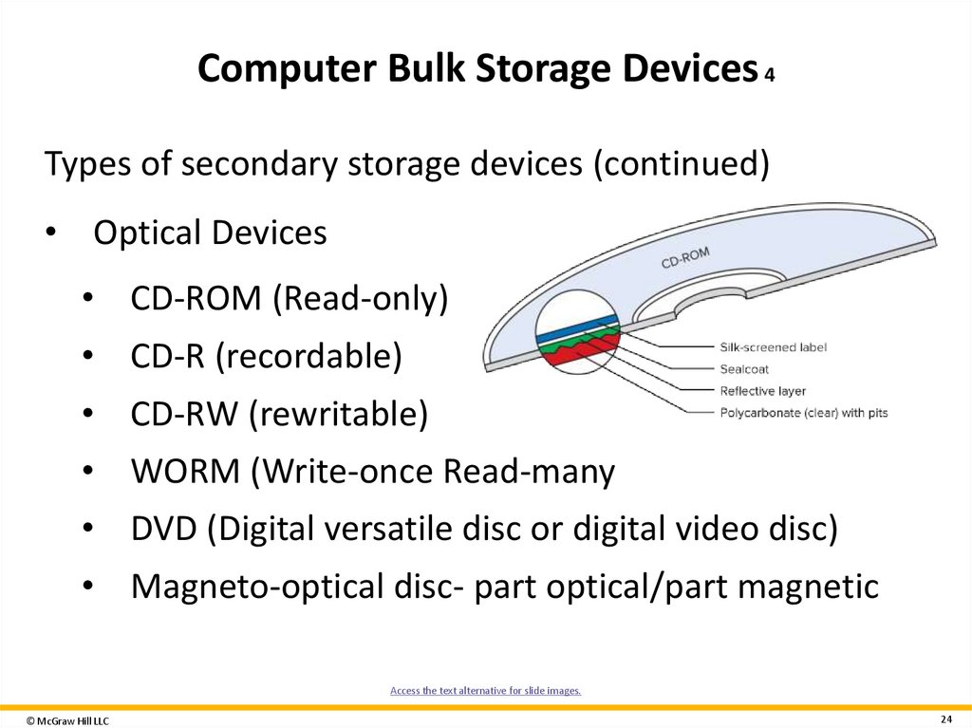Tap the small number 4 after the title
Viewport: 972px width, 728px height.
[x=769, y=75]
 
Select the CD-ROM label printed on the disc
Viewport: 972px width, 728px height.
[x=685, y=259]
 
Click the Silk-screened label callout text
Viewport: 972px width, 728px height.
[x=773, y=347]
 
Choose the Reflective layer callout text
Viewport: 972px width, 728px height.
[x=763, y=391]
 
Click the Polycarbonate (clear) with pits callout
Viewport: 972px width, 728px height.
[x=803, y=413]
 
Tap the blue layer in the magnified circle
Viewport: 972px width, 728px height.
[x=575, y=330]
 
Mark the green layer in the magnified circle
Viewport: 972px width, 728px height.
[x=570, y=343]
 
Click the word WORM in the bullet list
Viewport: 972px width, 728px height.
[x=186, y=471]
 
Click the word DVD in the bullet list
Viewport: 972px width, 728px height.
[x=167, y=529]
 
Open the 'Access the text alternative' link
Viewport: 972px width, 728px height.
[x=485, y=691]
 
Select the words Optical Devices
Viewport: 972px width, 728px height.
[x=210, y=233]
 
